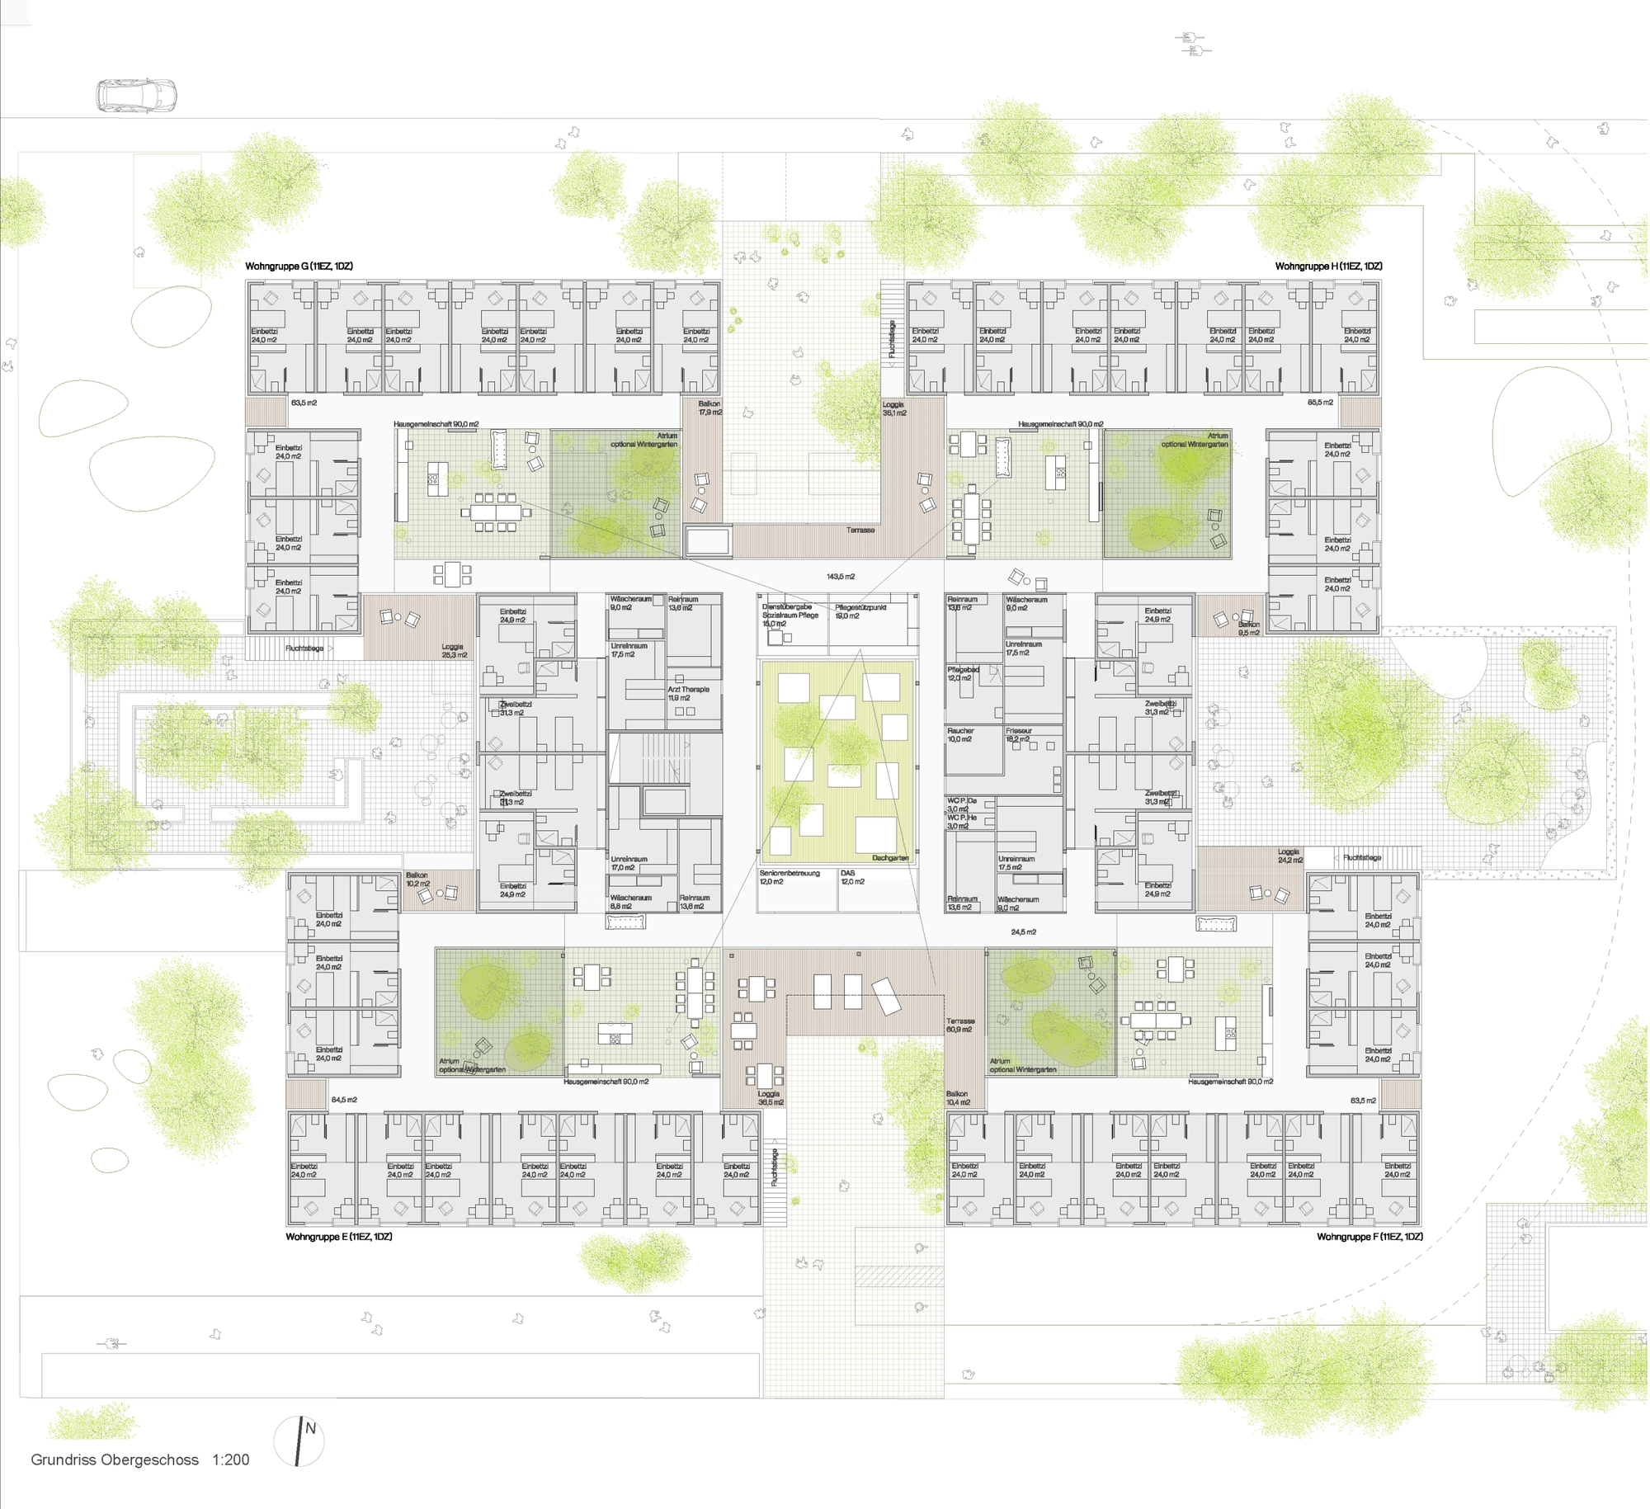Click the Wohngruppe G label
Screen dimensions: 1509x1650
[299, 266]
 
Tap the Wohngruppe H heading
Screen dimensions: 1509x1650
[1328, 266]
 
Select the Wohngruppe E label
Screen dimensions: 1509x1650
[338, 1237]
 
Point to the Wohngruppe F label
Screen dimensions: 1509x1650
[1369, 1237]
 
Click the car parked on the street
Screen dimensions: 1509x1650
[136, 95]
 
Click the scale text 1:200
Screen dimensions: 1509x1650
[231, 1459]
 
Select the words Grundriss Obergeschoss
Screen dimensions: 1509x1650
[115, 1459]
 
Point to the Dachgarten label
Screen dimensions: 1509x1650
[890, 858]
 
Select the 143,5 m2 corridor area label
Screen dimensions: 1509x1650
[841, 577]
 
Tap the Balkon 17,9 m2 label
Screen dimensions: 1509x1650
[709, 408]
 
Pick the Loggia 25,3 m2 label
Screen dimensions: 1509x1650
[453, 651]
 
